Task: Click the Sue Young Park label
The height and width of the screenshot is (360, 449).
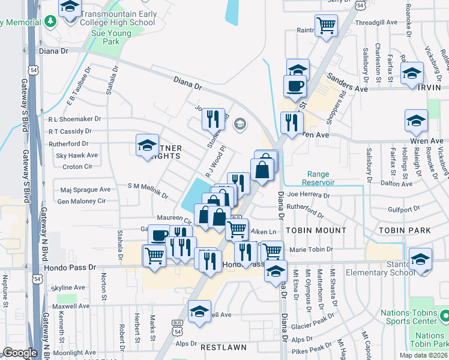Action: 110,38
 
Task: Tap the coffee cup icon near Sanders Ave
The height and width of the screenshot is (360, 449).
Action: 294,86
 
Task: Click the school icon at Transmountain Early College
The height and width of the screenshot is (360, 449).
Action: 70,7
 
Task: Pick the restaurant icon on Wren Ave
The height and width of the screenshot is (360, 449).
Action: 291,124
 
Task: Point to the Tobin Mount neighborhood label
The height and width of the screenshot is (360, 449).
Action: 316,230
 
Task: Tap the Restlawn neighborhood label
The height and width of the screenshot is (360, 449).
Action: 220,347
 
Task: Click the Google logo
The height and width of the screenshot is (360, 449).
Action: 20,353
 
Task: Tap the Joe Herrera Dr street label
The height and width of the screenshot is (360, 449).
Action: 309,195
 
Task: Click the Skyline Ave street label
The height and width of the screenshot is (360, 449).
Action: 68,288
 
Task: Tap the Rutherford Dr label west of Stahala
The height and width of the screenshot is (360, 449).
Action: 68,144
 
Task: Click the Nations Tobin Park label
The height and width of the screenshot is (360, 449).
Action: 430,340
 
